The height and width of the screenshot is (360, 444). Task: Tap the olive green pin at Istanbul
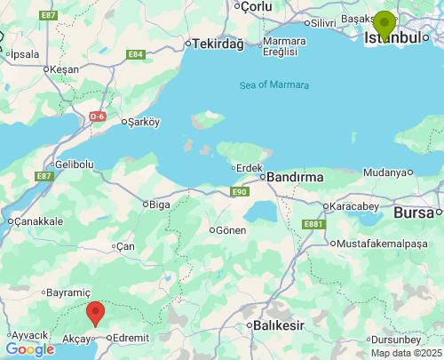tap(384, 25)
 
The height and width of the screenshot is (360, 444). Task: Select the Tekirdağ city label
tap(218, 43)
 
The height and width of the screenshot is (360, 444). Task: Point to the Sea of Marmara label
tap(274, 85)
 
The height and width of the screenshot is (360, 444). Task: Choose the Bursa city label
tap(413, 212)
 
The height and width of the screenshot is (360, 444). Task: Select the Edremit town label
tap(131, 338)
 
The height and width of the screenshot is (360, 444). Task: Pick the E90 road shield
tap(239, 191)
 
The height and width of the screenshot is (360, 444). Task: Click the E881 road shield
tap(313, 224)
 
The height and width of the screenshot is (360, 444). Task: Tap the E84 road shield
tap(136, 54)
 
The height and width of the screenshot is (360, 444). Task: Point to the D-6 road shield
tap(99, 116)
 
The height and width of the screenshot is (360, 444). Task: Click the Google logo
tap(29, 349)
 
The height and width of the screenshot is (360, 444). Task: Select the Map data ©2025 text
tap(405, 353)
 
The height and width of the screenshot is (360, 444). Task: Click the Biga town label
tap(160, 204)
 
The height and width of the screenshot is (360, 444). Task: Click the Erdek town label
tap(248, 167)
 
